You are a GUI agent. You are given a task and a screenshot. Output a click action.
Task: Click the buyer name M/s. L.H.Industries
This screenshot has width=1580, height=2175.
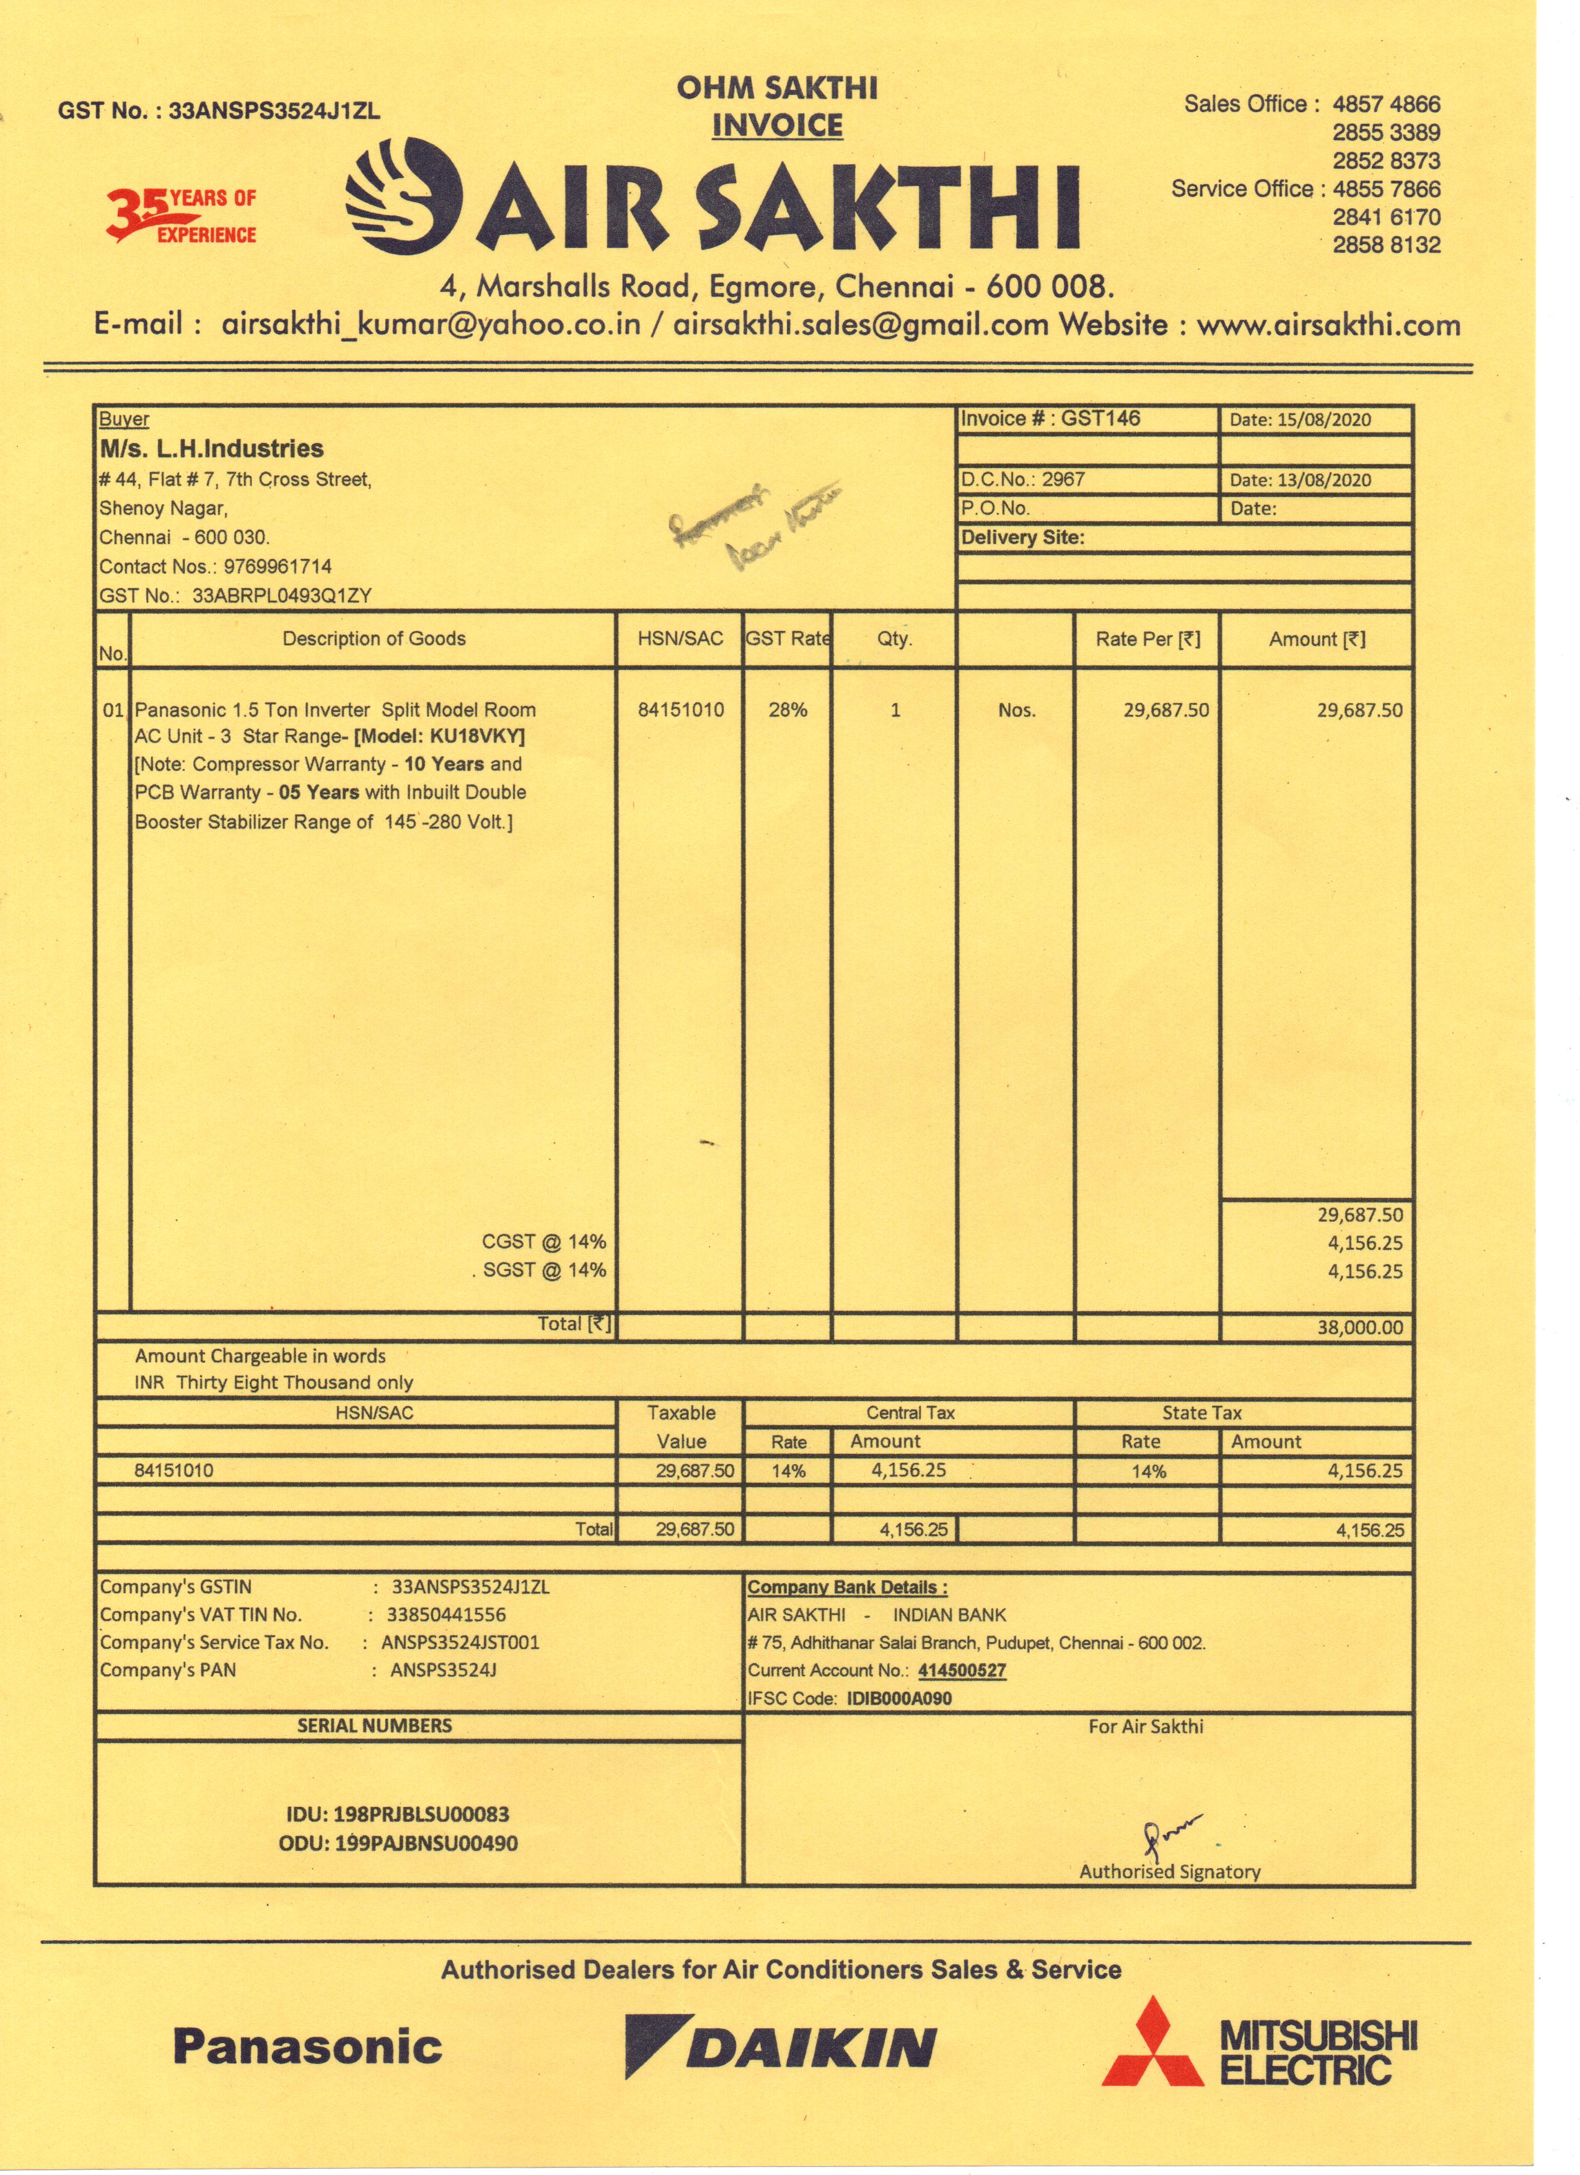212,449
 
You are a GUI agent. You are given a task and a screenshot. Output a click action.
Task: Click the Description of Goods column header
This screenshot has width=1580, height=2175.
374,639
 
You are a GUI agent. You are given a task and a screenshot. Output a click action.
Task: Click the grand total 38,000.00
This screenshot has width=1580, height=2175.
1359,1327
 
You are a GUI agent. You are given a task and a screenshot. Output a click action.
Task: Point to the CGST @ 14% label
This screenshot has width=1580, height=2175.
543,1242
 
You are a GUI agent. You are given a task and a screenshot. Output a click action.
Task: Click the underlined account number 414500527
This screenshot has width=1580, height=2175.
962,1671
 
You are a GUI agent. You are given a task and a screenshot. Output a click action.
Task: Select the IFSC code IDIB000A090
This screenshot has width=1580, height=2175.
899,1698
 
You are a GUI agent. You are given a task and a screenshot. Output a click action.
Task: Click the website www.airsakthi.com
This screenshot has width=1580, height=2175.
1328,325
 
